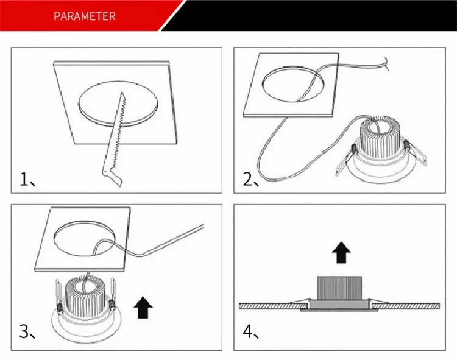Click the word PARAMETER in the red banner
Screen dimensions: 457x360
[x=85, y=16]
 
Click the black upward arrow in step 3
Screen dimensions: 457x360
[x=143, y=307]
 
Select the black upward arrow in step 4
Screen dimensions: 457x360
[x=341, y=252]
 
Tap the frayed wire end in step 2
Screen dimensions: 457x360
[x=387, y=64]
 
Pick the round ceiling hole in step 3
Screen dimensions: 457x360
[x=85, y=239]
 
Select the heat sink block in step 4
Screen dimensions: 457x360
[x=339, y=288]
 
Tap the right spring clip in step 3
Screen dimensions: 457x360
[x=112, y=295]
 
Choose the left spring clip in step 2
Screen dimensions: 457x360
[x=346, y=160]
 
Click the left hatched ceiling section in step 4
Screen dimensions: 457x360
[x=274, y=306]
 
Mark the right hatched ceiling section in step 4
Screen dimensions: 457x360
[x=406, y=306]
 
